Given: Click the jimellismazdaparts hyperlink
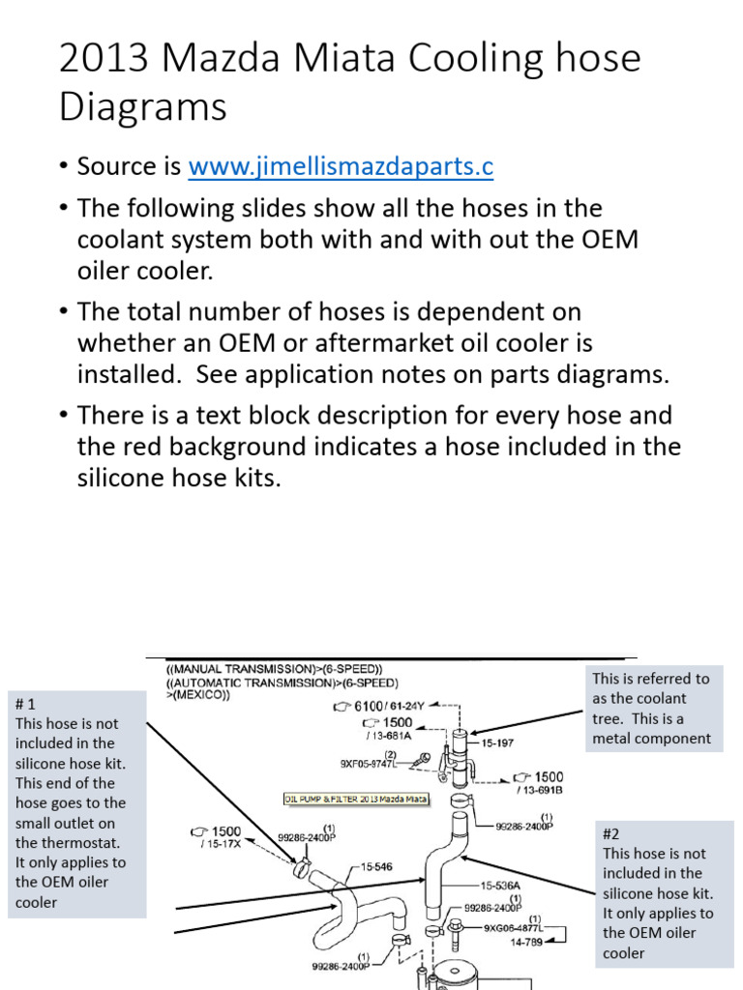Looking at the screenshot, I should point(341,167).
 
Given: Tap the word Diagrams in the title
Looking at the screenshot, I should point(143,106).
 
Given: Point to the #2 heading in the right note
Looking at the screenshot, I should point(610,833).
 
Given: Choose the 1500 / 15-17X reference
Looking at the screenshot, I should point(215,837).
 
